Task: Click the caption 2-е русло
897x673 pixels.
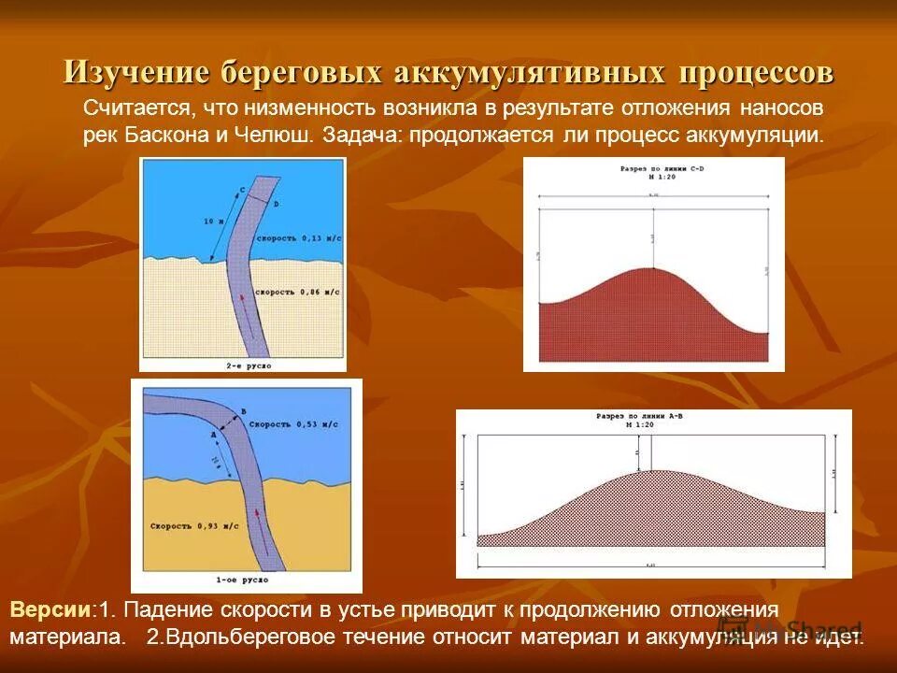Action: [x=249, y=365]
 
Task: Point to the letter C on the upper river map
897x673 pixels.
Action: [x=242, y=190]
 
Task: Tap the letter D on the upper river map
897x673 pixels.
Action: [x=277, y=203]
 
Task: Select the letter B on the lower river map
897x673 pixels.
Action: [x=243, y=410]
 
